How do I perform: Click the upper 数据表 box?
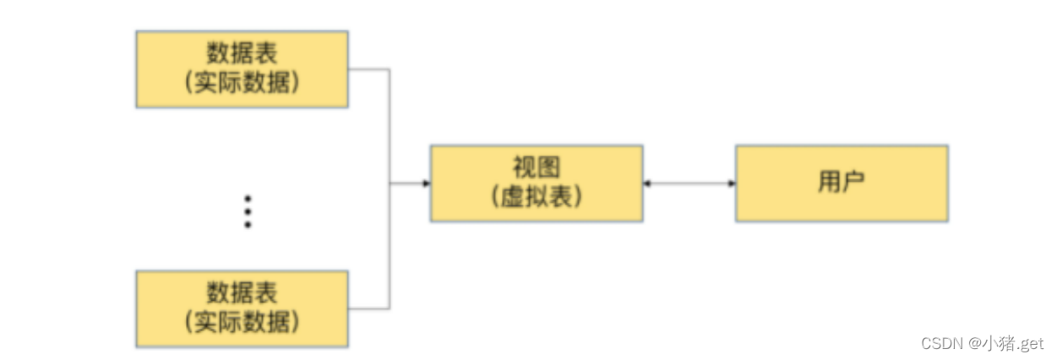click(x=242, y=69)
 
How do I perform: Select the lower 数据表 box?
click(x=242, y=308)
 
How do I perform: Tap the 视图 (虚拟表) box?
click(x=536, y=183)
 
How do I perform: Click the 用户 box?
click(x=842, y=183)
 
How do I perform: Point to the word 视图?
click(x=536, y=166)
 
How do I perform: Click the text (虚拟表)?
click(x=536, y=197)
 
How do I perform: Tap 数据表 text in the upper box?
click(x=242, y=53)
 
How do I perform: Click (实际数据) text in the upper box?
click(x=242, y=85)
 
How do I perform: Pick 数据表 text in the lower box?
click(x=242, y=292)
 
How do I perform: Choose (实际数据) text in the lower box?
click(x=242, y=323)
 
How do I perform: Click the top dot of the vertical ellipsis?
click(x=248, y=198)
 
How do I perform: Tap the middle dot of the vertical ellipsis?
click(x=248, y=211)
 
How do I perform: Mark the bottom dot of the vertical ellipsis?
click(x=248, y=226)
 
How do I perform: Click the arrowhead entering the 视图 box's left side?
click(x=426, y=183)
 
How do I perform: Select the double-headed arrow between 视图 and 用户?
click(x=689, y=183)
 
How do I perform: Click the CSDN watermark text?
click(x=943, y=344)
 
